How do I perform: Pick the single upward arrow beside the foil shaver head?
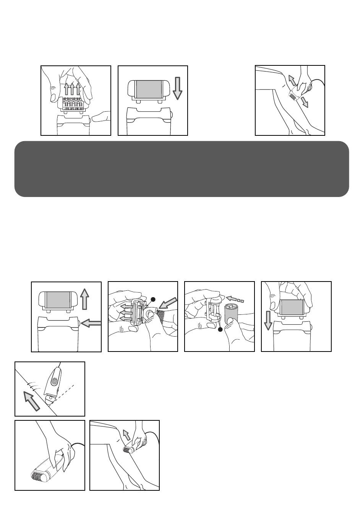pyautogui.click(x=85, y=299)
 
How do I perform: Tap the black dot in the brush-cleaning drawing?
pyautogui.click(x=153, y=300)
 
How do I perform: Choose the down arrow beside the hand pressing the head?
pyautogui.click(x=268, y=320)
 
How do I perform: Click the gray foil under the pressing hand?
pyautogui.click(x=292, y=307)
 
